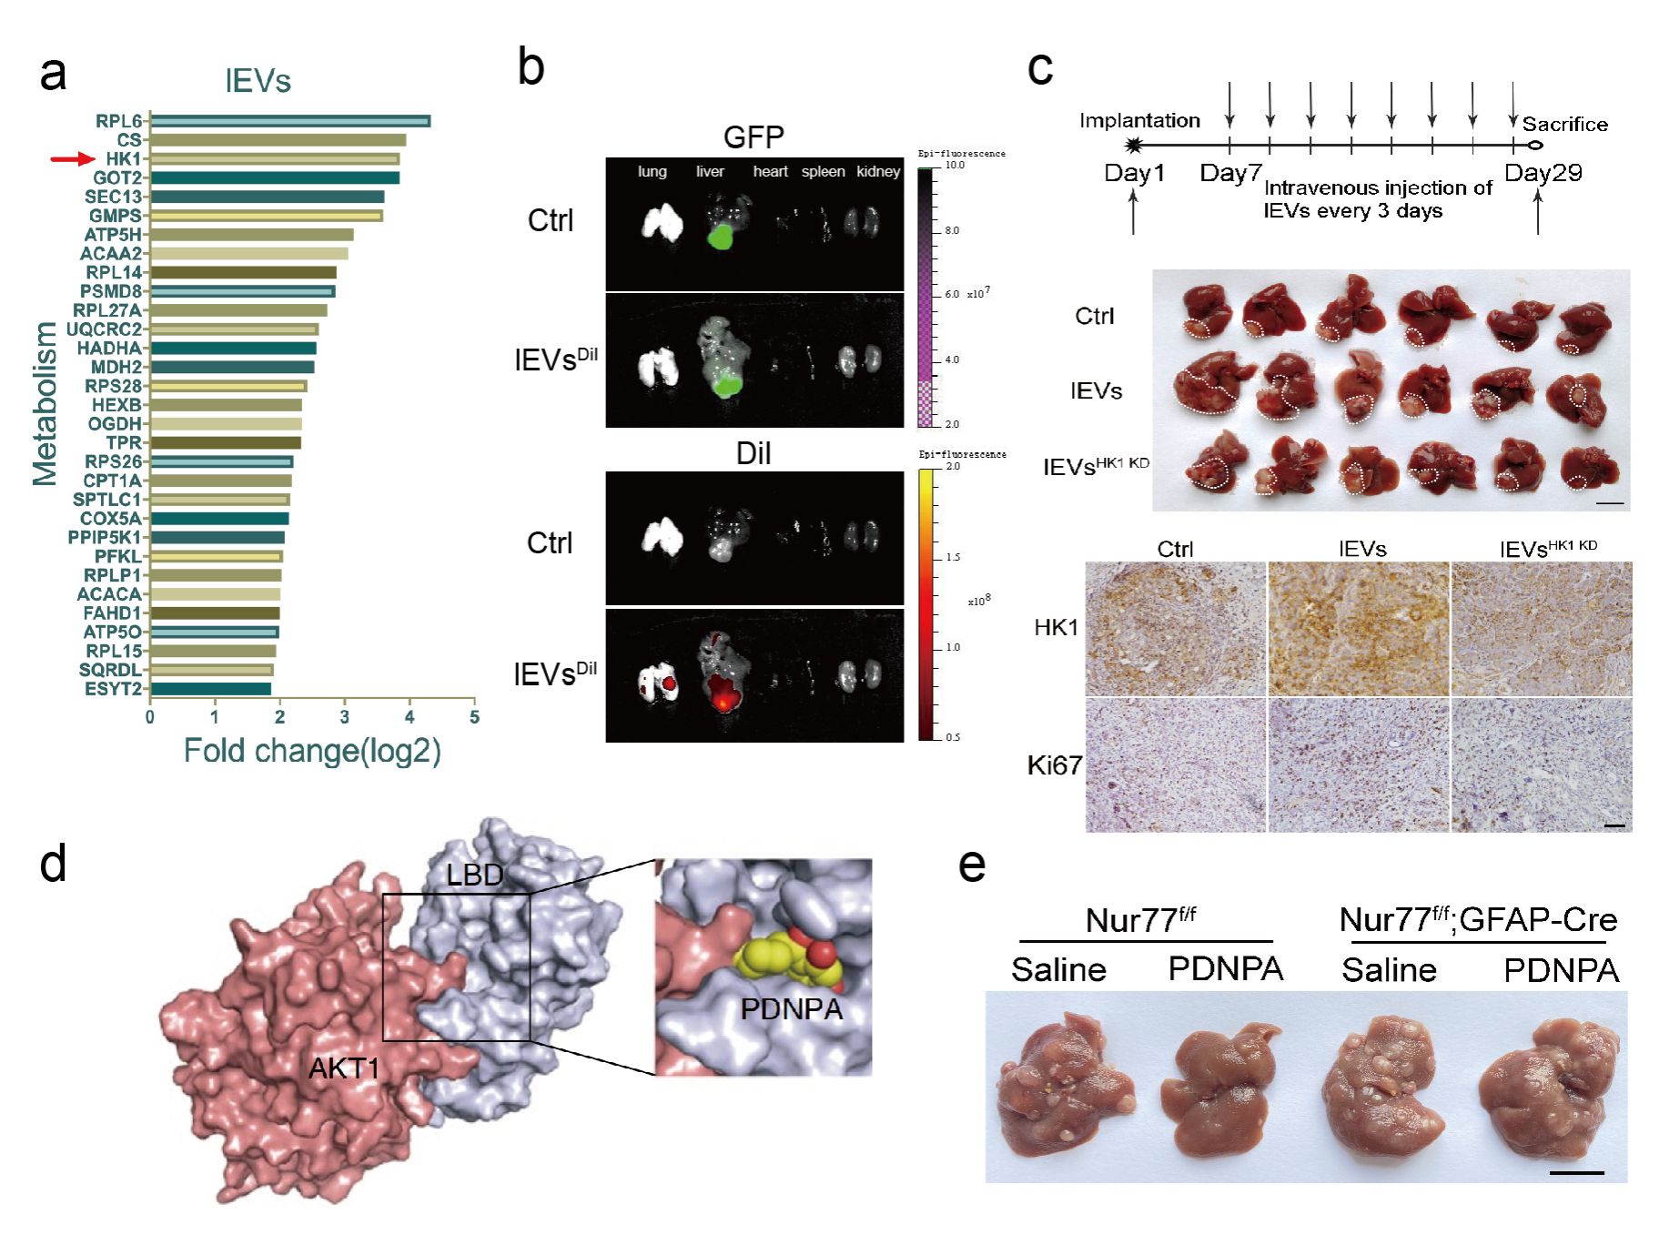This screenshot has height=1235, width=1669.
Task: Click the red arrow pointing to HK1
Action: tap(72, 159)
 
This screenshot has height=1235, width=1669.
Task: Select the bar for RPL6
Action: tap(289, 121)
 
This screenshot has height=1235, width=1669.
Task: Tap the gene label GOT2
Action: tap(117, 177)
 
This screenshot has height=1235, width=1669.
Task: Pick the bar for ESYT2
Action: tap(210, 689)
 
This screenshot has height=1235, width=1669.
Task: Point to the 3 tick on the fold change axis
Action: tap(345, 716)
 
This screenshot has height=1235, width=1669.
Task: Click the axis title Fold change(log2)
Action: tap(312, 751)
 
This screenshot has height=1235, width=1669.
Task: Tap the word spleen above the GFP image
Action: tap(823, 171)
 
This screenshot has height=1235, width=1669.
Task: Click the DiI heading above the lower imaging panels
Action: tap(753, 453)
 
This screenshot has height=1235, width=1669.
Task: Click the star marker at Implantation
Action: tap(1133, 145)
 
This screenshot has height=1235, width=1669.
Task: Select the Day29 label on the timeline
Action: tap(1543, 172)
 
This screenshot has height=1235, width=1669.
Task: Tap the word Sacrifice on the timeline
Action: tap(1564, 124)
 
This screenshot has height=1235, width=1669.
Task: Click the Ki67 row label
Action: tap(1055, 765)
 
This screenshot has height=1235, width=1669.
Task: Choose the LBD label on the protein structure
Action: tap(474, 875)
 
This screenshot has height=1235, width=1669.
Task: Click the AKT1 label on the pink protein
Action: tap(343, 1068)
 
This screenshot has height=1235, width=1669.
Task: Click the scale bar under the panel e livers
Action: tap(1576, 1172)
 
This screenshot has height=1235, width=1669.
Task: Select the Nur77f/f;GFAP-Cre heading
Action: tap(1478, 919)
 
